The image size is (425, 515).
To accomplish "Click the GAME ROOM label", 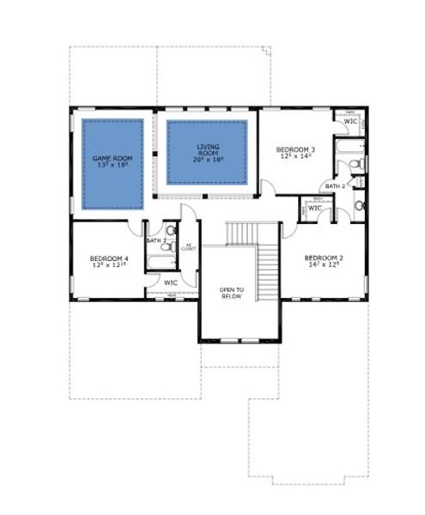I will (x=112, y=158).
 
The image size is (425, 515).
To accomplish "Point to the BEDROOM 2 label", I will (x=323, y=257).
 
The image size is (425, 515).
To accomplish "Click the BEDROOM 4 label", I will (x=108, y=258).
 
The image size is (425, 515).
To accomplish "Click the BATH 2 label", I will (x=333, y=186).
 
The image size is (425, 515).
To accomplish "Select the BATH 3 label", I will (x=155, y=241).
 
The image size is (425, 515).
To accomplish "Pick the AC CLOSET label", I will (x=189, y=248).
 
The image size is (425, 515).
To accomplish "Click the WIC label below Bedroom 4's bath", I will (x=170, y=282).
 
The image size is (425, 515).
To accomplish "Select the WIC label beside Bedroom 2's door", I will (x=314, y=208).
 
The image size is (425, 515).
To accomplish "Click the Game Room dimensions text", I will (x=112, y=166).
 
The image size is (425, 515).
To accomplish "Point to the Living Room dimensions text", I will (x=206, y=160).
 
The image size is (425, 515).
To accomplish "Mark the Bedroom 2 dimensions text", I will (x=323, y=265).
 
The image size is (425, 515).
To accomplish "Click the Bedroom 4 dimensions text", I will (x=108, y=266).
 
